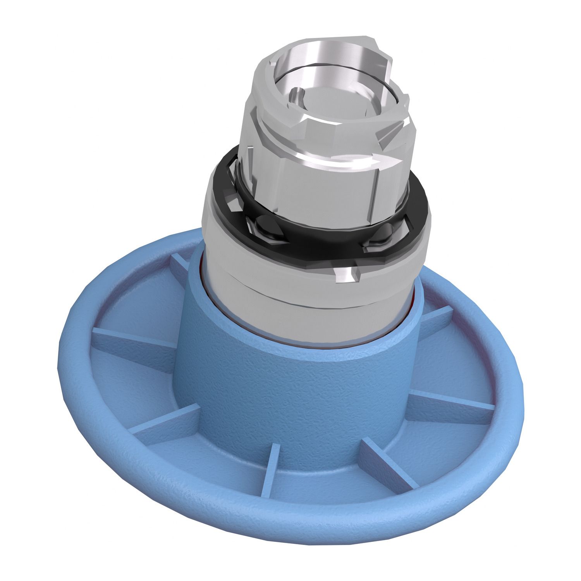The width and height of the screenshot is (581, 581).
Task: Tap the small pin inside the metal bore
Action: click(x=296, y=95)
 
